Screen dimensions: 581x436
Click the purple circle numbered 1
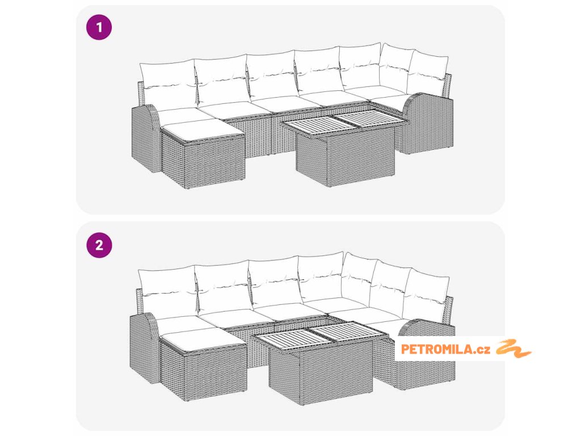99,27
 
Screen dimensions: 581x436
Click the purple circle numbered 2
99,245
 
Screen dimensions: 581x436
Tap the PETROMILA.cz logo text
446,349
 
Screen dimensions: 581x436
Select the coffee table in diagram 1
344,150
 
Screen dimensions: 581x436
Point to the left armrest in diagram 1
146,139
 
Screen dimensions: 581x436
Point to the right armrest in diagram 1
428,123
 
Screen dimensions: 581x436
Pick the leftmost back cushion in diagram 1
168,86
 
